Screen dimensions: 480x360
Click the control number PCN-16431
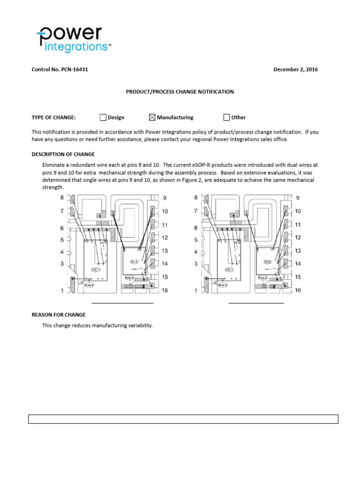coord(60,69)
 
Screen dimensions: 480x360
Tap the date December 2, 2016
coord(295,69)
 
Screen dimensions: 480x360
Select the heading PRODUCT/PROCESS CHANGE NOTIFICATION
coord(180,92)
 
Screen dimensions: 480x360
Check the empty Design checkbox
coord(103,117)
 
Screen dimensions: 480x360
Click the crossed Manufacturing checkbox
coord(152,117)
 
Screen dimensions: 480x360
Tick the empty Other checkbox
coord(226,117)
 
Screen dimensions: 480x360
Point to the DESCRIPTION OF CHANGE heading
coord(63,154)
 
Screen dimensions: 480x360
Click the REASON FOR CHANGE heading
coord(58,315)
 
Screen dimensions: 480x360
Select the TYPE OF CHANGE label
coord(53,118)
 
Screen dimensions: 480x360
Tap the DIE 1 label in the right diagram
coord(229,270)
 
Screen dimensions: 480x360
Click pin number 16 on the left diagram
coord(165,291)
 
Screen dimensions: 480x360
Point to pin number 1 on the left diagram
coord(61,291)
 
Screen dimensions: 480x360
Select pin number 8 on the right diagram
coord(196,198)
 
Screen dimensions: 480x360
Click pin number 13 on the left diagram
coord(165,251)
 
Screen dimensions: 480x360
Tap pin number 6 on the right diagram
coord(196,228)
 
